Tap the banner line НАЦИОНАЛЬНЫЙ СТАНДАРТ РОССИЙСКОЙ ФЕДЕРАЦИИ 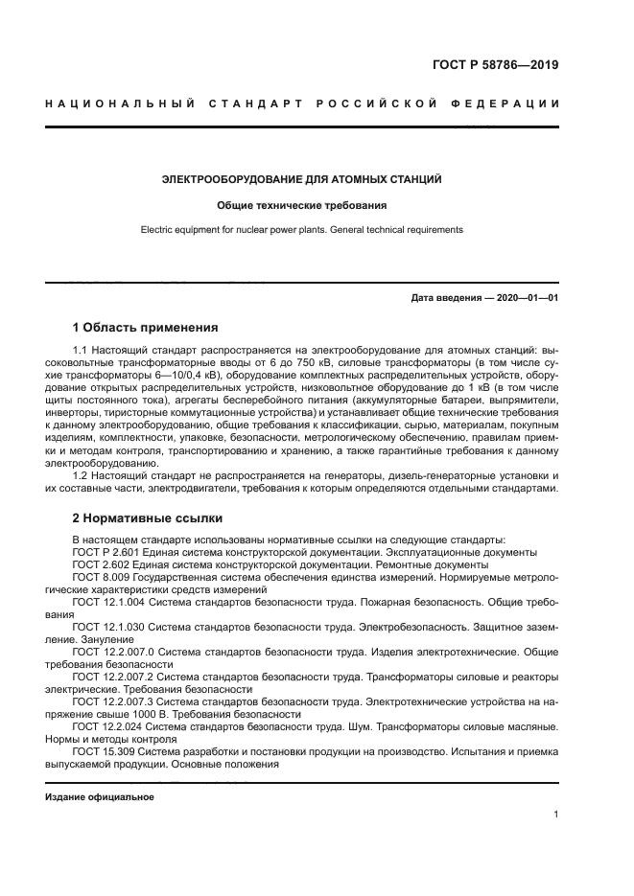(x=302, y=103)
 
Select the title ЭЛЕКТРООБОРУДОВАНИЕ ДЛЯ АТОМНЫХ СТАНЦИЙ (x=302, y=179)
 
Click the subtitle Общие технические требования (x=302, y=205)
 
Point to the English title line (x=302, y=230)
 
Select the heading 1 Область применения (x=146, y=327)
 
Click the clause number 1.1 (x=82, y=353)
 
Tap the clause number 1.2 (x=82, y=475)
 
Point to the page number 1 (x=555, y=815)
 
